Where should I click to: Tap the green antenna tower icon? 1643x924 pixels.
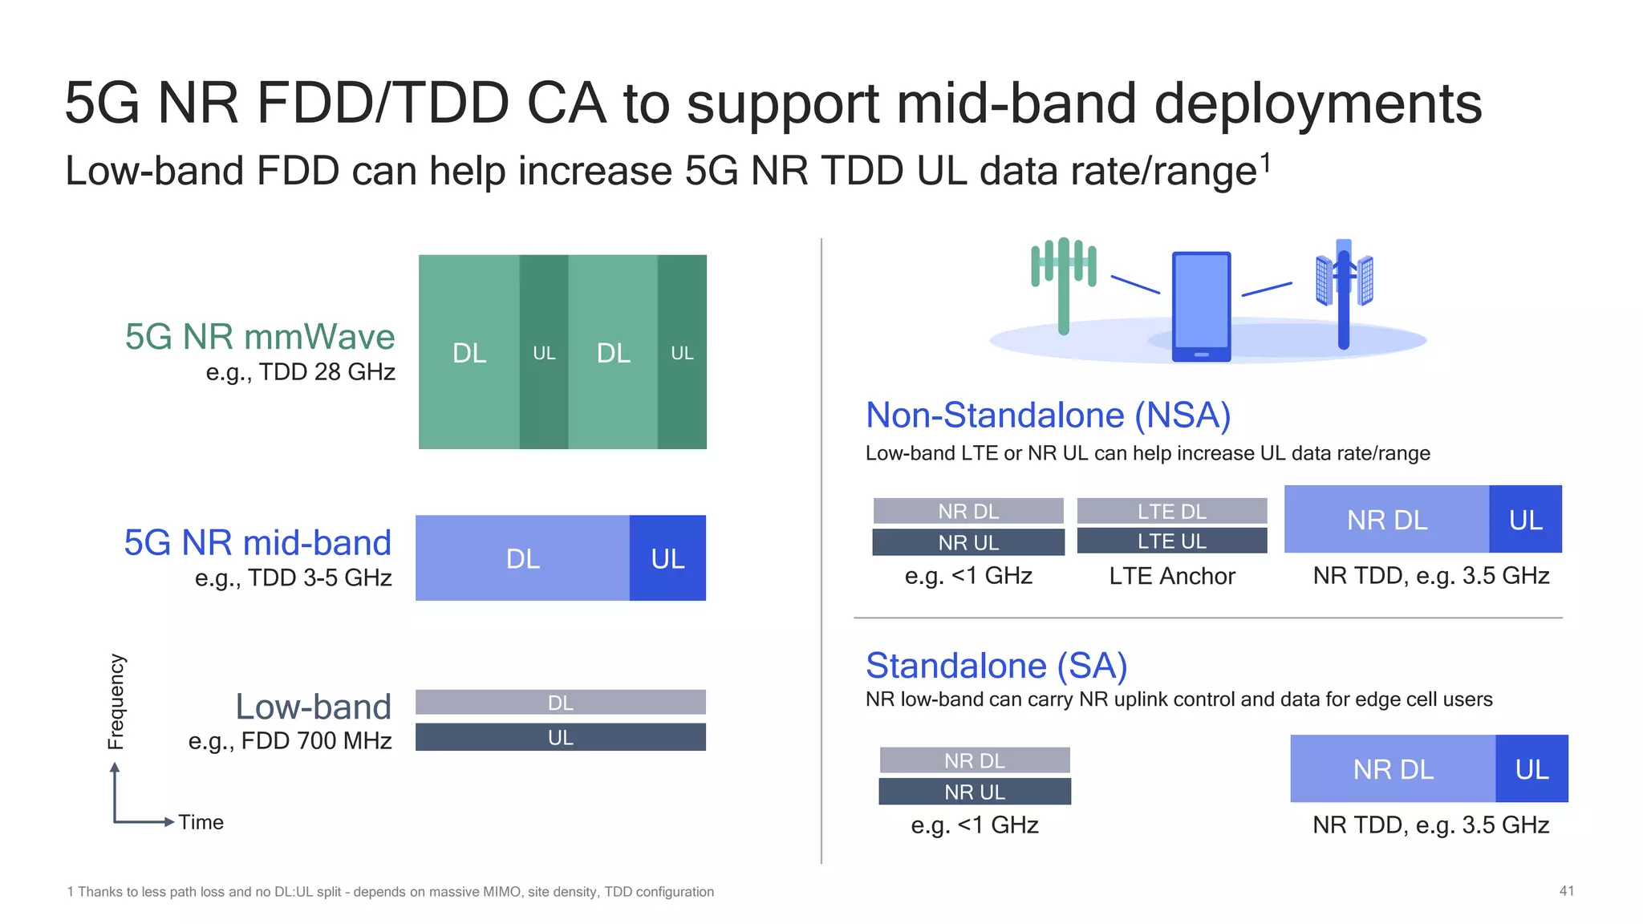click(x=1063, y=281)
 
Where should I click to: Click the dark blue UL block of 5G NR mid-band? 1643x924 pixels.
click(x=667, y=558)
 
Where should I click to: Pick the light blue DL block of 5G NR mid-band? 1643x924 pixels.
click(x=522, y=558)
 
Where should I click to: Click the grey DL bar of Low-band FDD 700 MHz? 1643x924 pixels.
click(x=560, y=703)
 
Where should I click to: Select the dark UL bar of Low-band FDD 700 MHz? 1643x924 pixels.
click(x=560, y=737)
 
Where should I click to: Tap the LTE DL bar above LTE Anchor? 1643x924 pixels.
click(x=1171, y=511)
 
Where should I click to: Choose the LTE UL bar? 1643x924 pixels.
click(x=1171, y=541)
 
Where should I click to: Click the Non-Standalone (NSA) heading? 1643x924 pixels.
click(x=1048, y=415)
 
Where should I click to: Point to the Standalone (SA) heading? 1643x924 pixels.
click(x=996, y=666)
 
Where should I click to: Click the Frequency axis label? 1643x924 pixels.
click(x=116, y=702)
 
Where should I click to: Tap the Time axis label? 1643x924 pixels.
click(x=201, y=822)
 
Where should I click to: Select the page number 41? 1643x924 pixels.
click(x=1566, y=891)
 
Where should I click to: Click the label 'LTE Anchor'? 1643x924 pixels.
click(x=1171, y=576)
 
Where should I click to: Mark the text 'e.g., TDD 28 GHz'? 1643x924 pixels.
click(x=300, y=372)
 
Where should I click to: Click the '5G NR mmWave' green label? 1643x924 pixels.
click(x=260, y=337)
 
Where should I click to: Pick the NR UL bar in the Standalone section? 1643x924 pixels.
click(x=975, y=792)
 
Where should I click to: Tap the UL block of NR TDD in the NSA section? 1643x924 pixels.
click(x=1525, y=520)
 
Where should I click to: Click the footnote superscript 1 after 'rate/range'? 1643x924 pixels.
click(x=1266, y=164)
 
